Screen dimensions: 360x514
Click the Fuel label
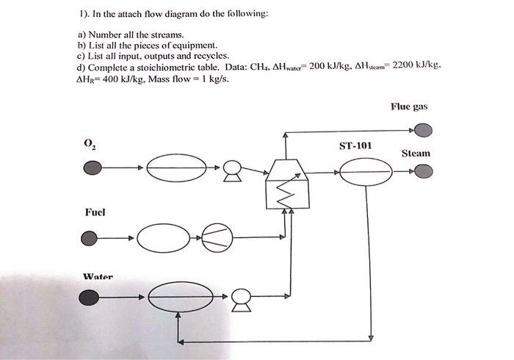click(95, 212)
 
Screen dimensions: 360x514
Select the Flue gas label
click(409, 107)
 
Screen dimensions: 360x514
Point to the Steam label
click(416, 154)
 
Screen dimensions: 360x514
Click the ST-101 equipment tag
click(355, 145)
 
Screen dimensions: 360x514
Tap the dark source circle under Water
click(90, 298)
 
